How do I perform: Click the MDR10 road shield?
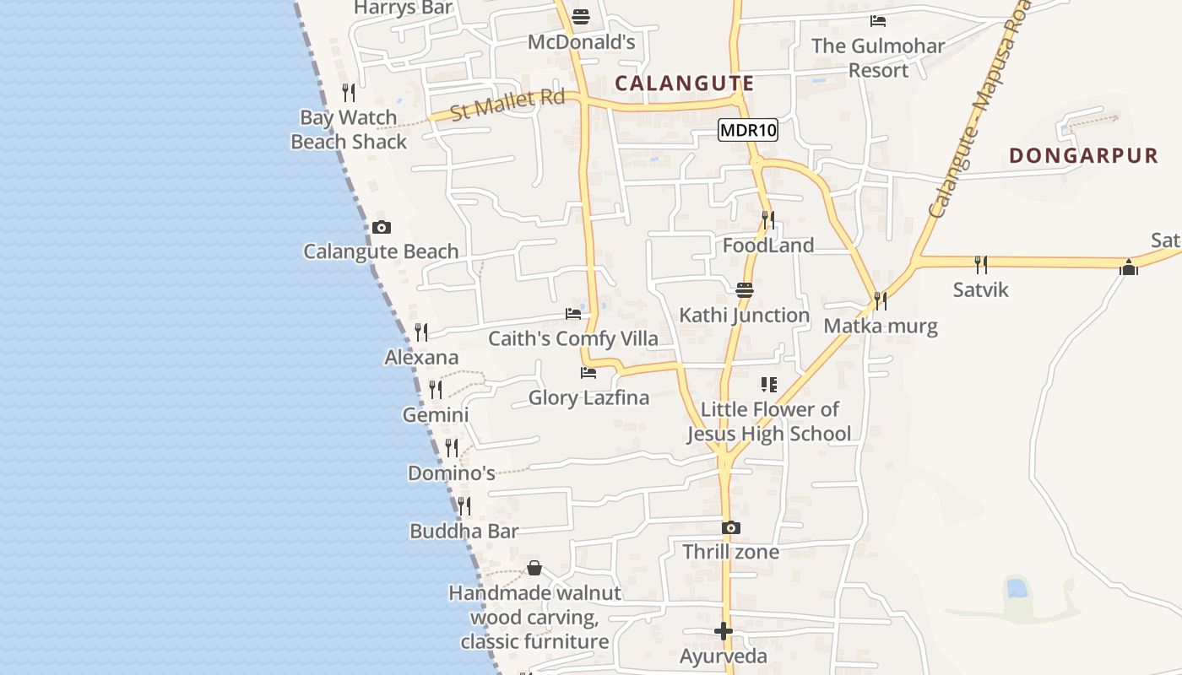[x=748, y=131]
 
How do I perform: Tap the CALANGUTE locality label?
[x=684, y=83]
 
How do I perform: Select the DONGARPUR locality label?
[x=1084, y=155]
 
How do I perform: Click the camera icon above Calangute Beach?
[x=382, y=227]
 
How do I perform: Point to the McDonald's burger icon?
[x=581, y=16]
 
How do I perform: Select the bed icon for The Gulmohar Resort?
[x=878, y=20]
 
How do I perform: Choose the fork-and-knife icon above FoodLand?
[x=767, y=220]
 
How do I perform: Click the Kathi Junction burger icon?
[x=745, y=290]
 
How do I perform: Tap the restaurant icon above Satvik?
[x=981, y=265]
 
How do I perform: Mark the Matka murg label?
[x=881, y=326]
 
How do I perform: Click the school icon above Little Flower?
[x=768, y=385]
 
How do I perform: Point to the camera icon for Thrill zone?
[x=731, y=527]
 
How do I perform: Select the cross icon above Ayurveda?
[x=724, y=631]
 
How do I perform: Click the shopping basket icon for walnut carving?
[x=534, y=568]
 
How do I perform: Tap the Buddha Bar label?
[x=464, y=532]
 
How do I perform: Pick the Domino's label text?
[x=451, y=473]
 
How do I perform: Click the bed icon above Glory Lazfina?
[x=588, y=372]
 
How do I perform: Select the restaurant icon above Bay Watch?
[x=349, y=92]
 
